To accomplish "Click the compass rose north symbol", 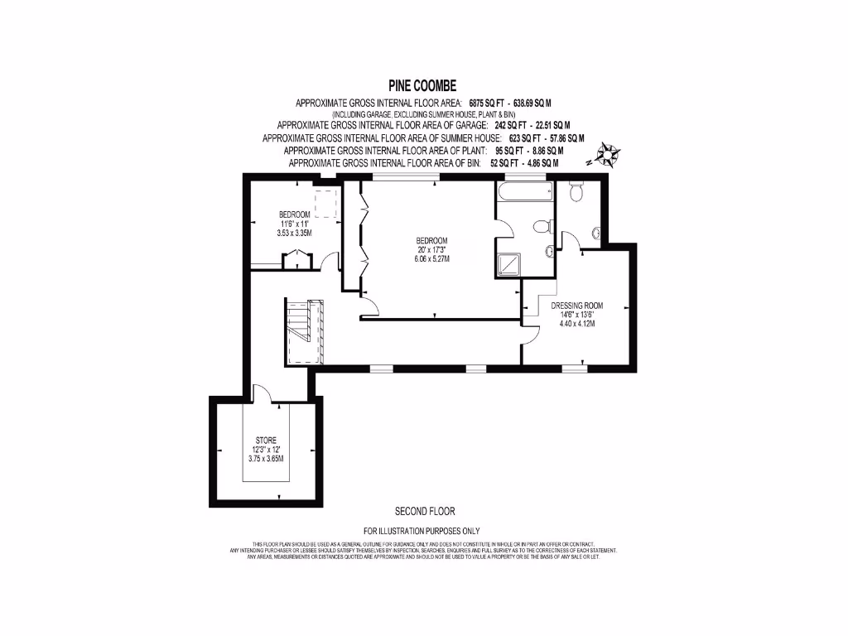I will (609, 155).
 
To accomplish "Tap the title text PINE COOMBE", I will (423, 85).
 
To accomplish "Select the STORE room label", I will (266, 440).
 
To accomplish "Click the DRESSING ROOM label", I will (574, 304).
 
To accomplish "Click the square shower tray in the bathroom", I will (509, 265).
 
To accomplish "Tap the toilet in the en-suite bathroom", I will (541, 225).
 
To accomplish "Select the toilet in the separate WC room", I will (578, 193).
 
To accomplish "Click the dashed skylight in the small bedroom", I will (326, 202).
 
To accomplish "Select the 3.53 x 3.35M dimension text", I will (294, 234).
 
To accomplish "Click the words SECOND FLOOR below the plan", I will (425, 511).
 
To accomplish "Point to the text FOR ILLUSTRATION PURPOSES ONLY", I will (422, 531).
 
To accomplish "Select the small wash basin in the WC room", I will (595, 234).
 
